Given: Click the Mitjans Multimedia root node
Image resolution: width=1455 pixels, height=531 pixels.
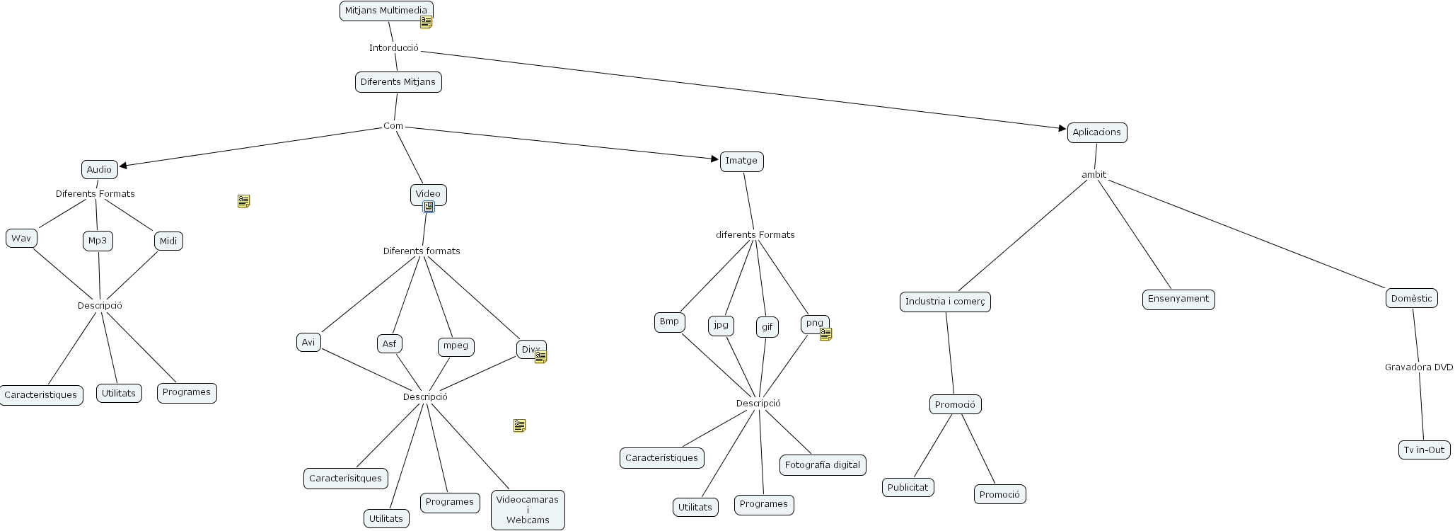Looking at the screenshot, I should point(386,11).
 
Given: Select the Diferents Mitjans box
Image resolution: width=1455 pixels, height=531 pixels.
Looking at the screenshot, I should point(398,82).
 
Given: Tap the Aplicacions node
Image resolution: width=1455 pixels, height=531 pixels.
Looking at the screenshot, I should point(1096,132).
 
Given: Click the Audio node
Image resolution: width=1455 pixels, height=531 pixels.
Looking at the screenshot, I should point(99,170).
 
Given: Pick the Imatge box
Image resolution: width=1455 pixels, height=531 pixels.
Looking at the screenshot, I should point(741,161).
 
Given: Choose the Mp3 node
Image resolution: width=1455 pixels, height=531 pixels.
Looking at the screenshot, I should point(98,241).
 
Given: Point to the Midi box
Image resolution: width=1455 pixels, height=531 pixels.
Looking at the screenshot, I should point(168,241).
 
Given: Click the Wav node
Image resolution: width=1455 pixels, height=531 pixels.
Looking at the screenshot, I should point(21,239).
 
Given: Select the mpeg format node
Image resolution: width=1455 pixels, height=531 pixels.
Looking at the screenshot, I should point(456,346).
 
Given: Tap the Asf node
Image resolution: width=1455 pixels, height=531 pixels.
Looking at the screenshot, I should point(389,344).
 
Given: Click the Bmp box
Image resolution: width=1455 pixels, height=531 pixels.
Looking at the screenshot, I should point(669,321).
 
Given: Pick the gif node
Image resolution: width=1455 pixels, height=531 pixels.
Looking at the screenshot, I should point(767,327).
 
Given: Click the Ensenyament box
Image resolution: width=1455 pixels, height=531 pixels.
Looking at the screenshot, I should point(1178,299).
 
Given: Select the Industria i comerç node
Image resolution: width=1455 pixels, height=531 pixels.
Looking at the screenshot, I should point(945,302).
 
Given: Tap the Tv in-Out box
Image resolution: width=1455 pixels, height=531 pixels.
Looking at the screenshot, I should point(1425,450).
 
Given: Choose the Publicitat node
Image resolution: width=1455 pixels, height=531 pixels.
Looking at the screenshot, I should point(908,487).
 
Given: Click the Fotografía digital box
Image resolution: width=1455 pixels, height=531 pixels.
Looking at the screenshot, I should point(823,465).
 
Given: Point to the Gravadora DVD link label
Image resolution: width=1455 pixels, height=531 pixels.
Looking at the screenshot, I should point(1418,367).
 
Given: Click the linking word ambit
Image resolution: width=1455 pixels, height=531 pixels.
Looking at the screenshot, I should point(1094,175).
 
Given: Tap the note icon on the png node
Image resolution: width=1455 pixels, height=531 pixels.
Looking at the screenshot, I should point(825,334).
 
